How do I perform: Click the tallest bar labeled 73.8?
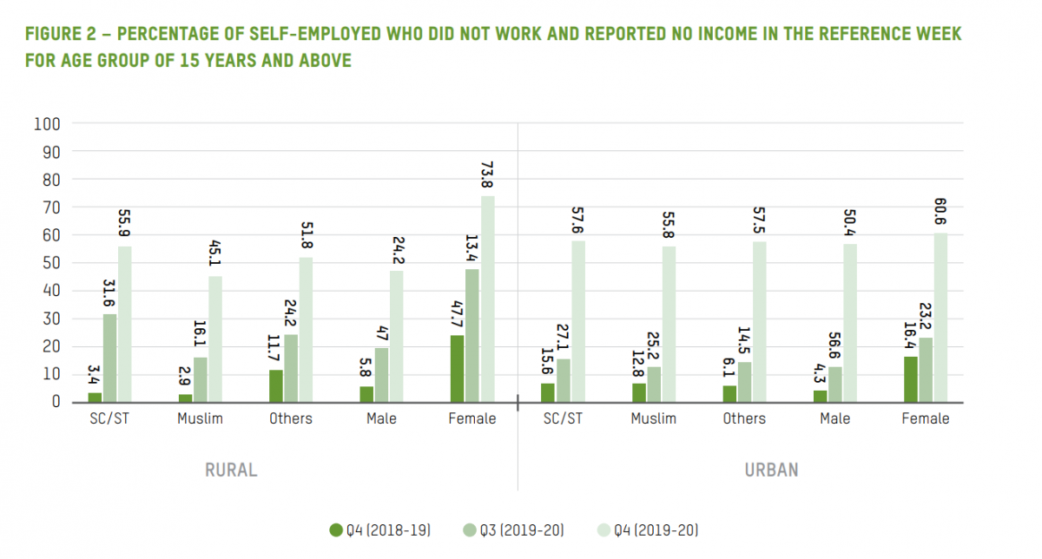[x=487, y=299]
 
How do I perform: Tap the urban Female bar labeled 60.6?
[x=941, y=317]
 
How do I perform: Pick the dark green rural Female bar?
[x=457, y=368]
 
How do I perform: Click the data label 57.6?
[x=579, y=220]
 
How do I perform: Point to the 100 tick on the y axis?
[x=47, y=124]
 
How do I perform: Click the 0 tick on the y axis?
[x=55, y=402]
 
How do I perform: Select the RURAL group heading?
[x=231, y=470]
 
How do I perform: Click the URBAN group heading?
[x=771, y=470]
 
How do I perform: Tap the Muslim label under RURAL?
[x=201, y=419]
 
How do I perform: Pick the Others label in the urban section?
[x=744, y=419]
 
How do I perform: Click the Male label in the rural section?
[x=381, y=419]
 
